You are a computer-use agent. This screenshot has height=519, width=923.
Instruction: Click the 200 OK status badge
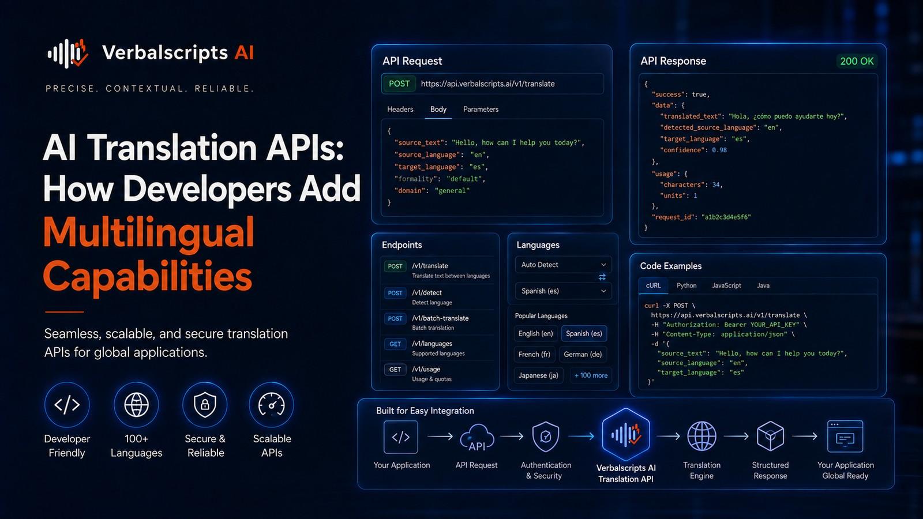click(857, 61)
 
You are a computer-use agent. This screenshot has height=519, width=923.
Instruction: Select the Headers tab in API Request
click(400, 109)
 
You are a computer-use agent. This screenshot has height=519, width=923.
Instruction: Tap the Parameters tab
click(481, 109)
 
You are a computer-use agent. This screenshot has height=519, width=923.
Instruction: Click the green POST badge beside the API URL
click(399, 84)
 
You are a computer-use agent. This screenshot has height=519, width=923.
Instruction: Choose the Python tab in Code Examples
click(686, 285)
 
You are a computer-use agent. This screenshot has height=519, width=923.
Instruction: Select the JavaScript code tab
click(726, 285)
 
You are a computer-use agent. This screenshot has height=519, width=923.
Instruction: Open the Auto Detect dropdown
click(563, 265)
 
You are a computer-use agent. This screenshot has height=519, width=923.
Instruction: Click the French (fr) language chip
click(534, 354)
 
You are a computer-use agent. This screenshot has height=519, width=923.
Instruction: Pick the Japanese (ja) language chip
click(538, 375)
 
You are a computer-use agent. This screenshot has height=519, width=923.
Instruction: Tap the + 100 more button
click(591, 375)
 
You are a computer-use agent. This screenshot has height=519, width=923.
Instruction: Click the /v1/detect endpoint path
click(427, 293)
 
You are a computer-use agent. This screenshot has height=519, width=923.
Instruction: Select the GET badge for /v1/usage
click(395, 370)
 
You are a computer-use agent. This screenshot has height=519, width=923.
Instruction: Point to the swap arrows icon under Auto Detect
click(602, 277)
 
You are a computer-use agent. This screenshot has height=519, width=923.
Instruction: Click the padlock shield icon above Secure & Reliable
click(205, 404)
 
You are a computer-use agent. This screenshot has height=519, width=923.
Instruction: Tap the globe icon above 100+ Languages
click(136, 404)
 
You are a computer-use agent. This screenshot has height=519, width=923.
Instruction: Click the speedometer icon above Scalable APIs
click(271, 404)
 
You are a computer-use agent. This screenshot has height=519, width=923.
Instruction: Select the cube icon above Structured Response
click(770, 436)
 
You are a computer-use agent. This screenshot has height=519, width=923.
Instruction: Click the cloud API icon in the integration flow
click(476, 438)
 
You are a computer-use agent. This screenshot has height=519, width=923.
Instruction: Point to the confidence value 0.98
click(719, 150)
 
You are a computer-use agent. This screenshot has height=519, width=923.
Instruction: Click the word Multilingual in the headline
click(148, 233)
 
